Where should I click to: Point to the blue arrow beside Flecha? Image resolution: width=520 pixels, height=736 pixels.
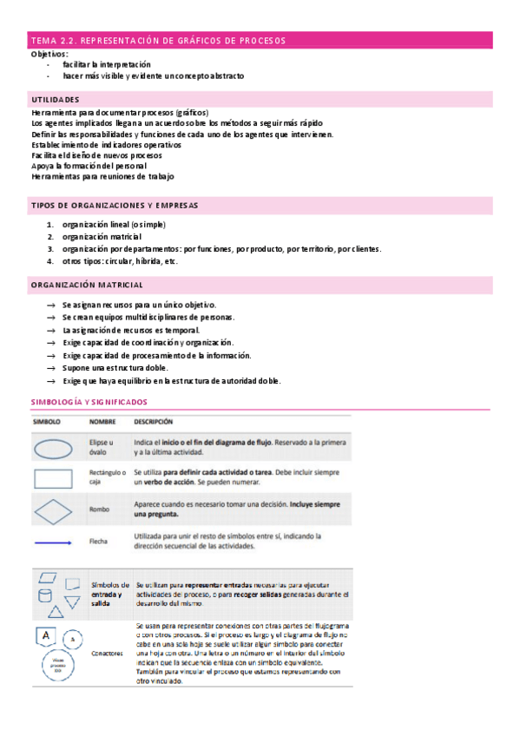click(x=54, y=542)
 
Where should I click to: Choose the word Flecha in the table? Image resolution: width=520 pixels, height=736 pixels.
click(x=99, y=542)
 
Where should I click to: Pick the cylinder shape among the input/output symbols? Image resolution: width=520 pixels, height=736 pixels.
click(x=43, y=596)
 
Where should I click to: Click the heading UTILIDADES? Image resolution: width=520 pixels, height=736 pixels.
click(x=55, y=100)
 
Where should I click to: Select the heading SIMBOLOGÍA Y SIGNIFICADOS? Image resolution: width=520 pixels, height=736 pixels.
click(x=89, y=402)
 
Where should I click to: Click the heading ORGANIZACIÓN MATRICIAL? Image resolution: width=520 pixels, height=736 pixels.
click(x=87, y=286)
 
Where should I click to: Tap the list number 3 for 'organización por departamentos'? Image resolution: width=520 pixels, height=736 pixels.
click(x=50, y=249)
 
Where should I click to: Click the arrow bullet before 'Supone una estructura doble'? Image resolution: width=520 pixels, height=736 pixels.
click(x=52, y=368)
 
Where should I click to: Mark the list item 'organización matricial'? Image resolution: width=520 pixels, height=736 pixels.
click(x=95, y=237)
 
